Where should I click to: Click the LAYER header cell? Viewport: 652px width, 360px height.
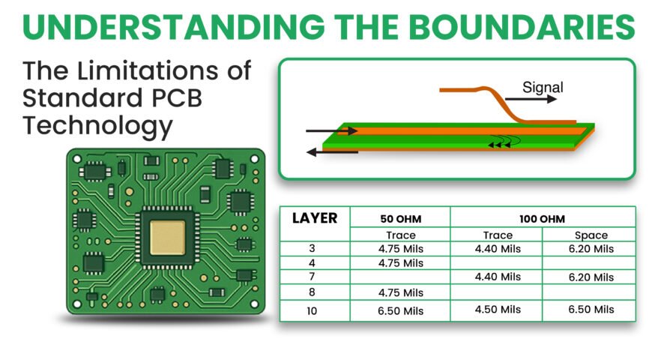pyautogui.click(x=315, y=218)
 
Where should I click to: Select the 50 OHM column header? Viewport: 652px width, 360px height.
pyautogui.click(x=401, y=219)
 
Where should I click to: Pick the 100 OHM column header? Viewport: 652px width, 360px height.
pyautogui.click(x=543, y=219)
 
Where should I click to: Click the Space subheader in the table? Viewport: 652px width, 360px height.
pyautogui.click(x=591, y=235)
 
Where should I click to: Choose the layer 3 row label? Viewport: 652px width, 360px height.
pyautogui.click(x=312, y=248)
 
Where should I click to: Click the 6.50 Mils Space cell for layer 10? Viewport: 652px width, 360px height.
pyautogui.click(x=591, y=310)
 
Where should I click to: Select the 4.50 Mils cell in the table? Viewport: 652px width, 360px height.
pyautogui.click(x=498, y=310)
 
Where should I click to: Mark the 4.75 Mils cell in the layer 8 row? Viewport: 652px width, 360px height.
pyautogui.click(x=401, y=292)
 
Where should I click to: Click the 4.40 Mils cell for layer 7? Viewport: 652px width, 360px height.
pyautogui.click(x=498, y=277)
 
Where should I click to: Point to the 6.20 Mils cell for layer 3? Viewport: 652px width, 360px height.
pyautogui.click(x=591, y=248)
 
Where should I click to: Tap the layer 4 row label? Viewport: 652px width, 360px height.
pyautogui.click(x=312, y=262)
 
